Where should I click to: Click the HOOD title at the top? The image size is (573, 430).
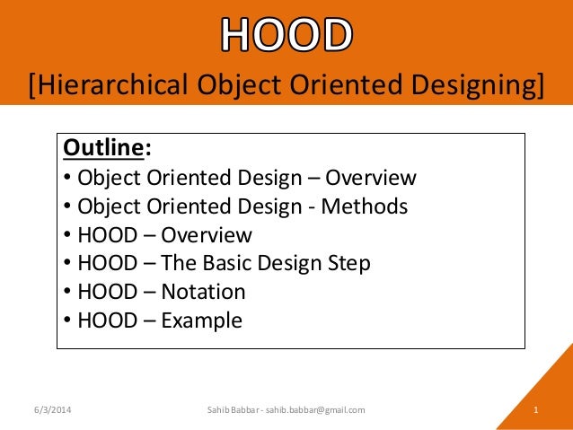click(286, 36)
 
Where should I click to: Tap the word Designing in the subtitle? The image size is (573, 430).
click(463, 86)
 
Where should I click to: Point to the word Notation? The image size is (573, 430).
click(203, 292)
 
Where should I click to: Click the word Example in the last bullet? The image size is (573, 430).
click(201, 320)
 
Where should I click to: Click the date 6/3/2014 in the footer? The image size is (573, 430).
click(49, 410)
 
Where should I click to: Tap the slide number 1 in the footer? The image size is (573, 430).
click(535, 410)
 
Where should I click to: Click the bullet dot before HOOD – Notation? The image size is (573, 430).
click(69, 293)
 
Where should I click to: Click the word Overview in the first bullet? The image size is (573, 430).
click(371, 178)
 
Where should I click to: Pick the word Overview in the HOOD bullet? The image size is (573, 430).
click(207, 235)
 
